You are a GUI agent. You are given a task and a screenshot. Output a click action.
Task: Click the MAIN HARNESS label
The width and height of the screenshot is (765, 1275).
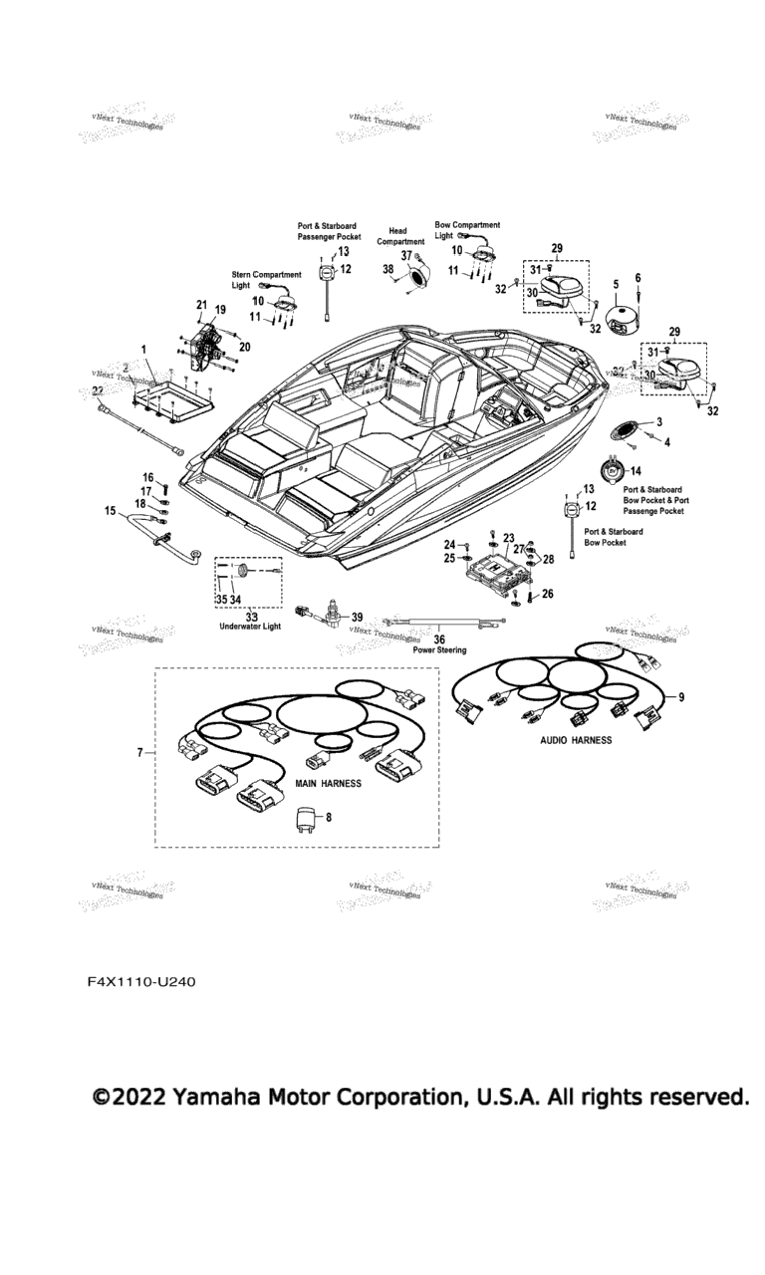(328, 784)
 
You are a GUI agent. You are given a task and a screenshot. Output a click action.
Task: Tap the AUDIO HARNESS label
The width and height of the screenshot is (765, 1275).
(576, 741)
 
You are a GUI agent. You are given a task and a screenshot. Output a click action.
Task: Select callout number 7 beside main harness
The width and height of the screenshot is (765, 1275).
(140, 753)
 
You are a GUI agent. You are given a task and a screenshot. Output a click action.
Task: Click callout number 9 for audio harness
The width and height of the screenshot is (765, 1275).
(681, 696)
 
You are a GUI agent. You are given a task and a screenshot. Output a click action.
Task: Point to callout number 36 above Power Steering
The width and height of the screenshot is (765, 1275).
(439, 638)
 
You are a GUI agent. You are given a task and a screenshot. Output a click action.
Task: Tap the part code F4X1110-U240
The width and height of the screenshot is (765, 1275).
(140, 982)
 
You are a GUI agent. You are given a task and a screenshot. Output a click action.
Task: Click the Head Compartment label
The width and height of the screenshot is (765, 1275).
(399, 236)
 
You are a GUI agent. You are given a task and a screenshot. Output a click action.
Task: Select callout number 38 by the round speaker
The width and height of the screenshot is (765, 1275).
(387, 268)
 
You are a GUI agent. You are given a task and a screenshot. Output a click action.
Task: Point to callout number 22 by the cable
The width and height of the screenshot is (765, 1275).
(98, 389)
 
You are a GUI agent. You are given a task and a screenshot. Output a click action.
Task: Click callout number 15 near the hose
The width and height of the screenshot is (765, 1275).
(110, 510)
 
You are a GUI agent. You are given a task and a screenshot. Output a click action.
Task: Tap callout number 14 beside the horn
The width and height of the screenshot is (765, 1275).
(637, 470)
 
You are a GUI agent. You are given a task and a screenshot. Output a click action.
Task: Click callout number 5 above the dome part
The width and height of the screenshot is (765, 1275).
(616, 284)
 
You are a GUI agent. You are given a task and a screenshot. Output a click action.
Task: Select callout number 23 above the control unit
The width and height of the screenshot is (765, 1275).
(508, 536)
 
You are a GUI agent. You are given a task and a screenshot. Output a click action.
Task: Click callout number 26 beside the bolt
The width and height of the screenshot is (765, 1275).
(547, 594)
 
